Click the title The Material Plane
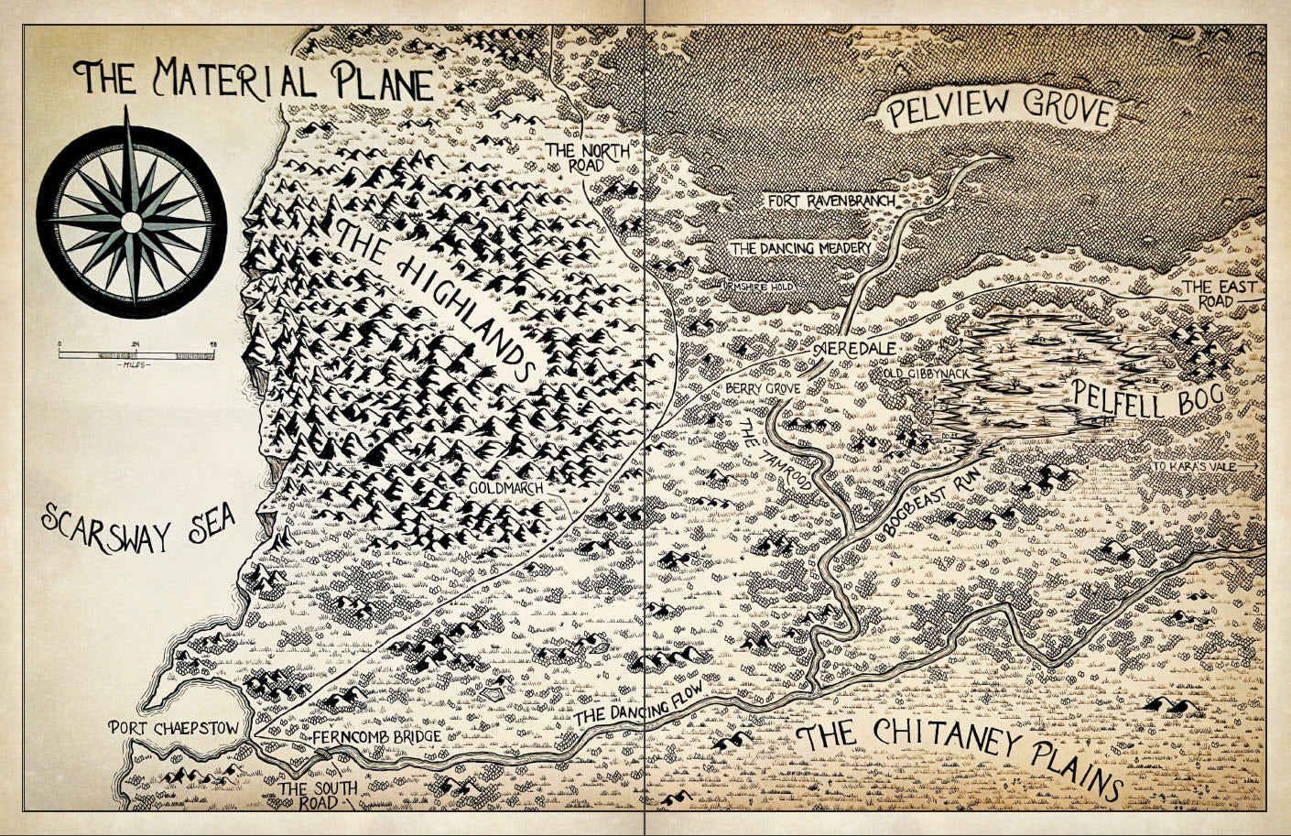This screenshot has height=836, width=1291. [256, 80]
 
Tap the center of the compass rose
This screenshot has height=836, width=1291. [132, 222]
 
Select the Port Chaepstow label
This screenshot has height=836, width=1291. [173, 729]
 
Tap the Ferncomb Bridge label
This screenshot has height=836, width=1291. [377, 736]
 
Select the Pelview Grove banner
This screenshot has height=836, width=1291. [998, 110]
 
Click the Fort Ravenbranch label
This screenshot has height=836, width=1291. [830, 200]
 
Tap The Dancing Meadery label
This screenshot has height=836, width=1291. [800, 247]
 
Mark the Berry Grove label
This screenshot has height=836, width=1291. [763, 388]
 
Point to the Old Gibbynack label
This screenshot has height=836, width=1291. [926, 375]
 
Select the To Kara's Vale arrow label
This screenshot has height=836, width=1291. [1205, 467]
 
